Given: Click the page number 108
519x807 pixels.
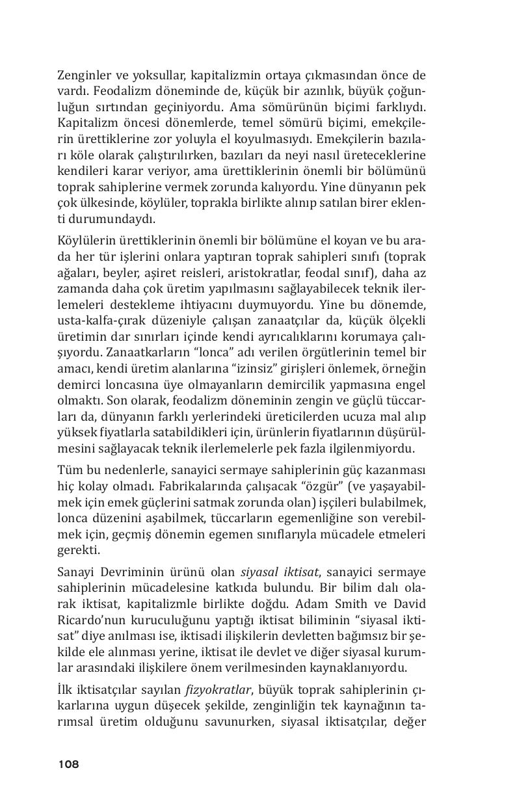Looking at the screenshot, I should pos(68,764).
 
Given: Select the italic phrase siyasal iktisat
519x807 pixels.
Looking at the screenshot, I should pos(280,572).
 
